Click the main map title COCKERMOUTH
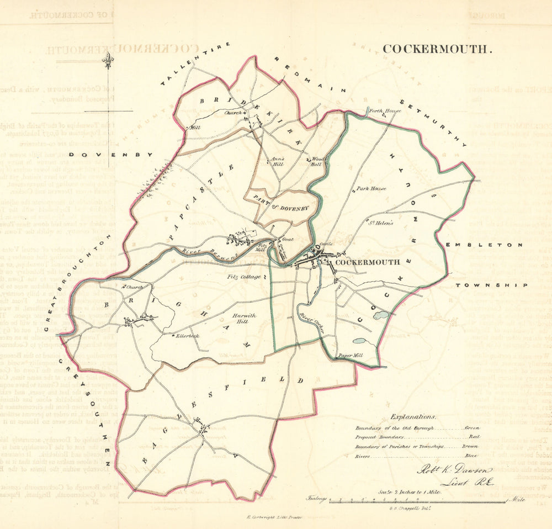(436, 49)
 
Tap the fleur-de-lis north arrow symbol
(108, 59)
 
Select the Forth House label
(385, 111)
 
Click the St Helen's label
(379, 224)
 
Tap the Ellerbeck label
(188, 336)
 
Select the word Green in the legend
(472, 427)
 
